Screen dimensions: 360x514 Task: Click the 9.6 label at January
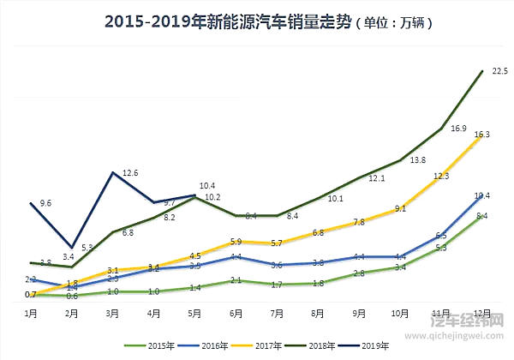point(45,203)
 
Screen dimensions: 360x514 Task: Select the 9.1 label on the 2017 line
point(401,208)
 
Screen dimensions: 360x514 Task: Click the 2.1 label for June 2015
point(236,280)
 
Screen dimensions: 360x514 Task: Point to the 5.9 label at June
point(236,242)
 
